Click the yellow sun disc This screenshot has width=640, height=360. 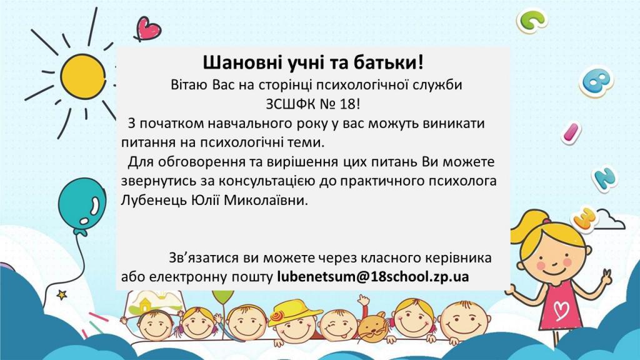click(x=83, y=76)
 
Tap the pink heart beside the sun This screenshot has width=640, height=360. click(x=147, y=29)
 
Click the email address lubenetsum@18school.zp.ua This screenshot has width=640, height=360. click(x=372, y=277)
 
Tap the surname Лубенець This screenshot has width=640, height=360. click(x=154, y=201)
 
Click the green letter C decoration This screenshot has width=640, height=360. click(x=531, y=20)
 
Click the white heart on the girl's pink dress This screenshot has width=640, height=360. click(x=562, y=309)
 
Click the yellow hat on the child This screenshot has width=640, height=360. click(x=291, y=312)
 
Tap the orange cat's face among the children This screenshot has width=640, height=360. click(x=372, y=329)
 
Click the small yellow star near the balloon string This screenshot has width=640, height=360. click(x=62, y=294)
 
